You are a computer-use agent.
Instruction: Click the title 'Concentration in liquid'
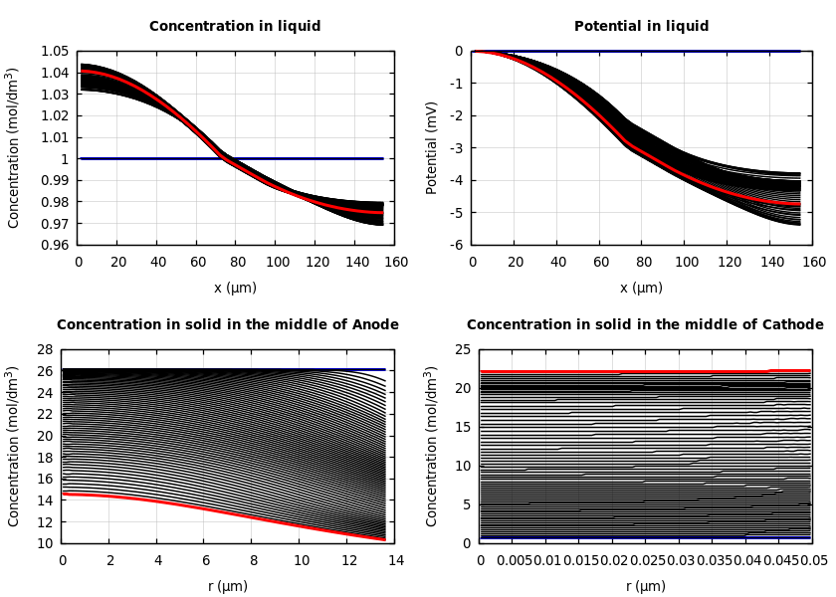(235, 27)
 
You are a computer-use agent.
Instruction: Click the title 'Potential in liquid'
(641, 27)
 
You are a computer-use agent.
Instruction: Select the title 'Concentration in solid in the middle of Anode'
(227, 325)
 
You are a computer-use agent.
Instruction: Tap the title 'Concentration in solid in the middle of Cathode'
(645, 325)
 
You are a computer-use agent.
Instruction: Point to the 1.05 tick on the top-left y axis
(54, 51)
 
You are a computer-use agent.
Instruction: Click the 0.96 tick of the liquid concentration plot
(54, 245)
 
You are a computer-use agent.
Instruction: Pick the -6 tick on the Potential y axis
(456, 245)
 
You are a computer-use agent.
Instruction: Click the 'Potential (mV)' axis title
(432, 147)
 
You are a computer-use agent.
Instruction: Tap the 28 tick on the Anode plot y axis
(44, 349)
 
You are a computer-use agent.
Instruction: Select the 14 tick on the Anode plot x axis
(395, 560)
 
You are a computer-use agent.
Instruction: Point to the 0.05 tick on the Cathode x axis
(813, 560)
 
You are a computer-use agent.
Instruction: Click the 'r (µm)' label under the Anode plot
(228, 587)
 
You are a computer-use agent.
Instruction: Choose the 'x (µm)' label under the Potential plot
(641, 289)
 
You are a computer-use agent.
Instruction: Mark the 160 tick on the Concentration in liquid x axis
(395, 262)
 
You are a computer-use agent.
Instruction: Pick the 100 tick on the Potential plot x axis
(686, 262)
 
